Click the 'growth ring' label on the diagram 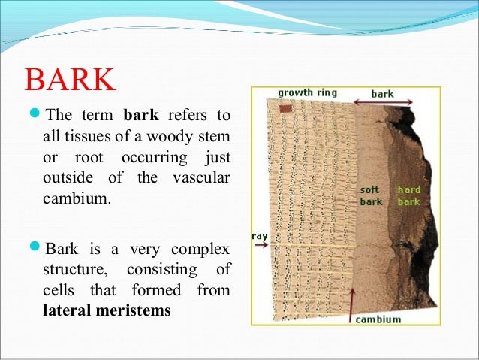coord(307,93)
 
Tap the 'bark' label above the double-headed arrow coord(382,95)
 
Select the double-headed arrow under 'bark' coord(384,107)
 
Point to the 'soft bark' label coord(371,196)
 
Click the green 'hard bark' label coord(409,196)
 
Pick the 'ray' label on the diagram coord(260,235)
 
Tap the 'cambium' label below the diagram coord(378,319)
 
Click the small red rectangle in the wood coord(285,110)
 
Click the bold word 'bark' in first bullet coord(137,117)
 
